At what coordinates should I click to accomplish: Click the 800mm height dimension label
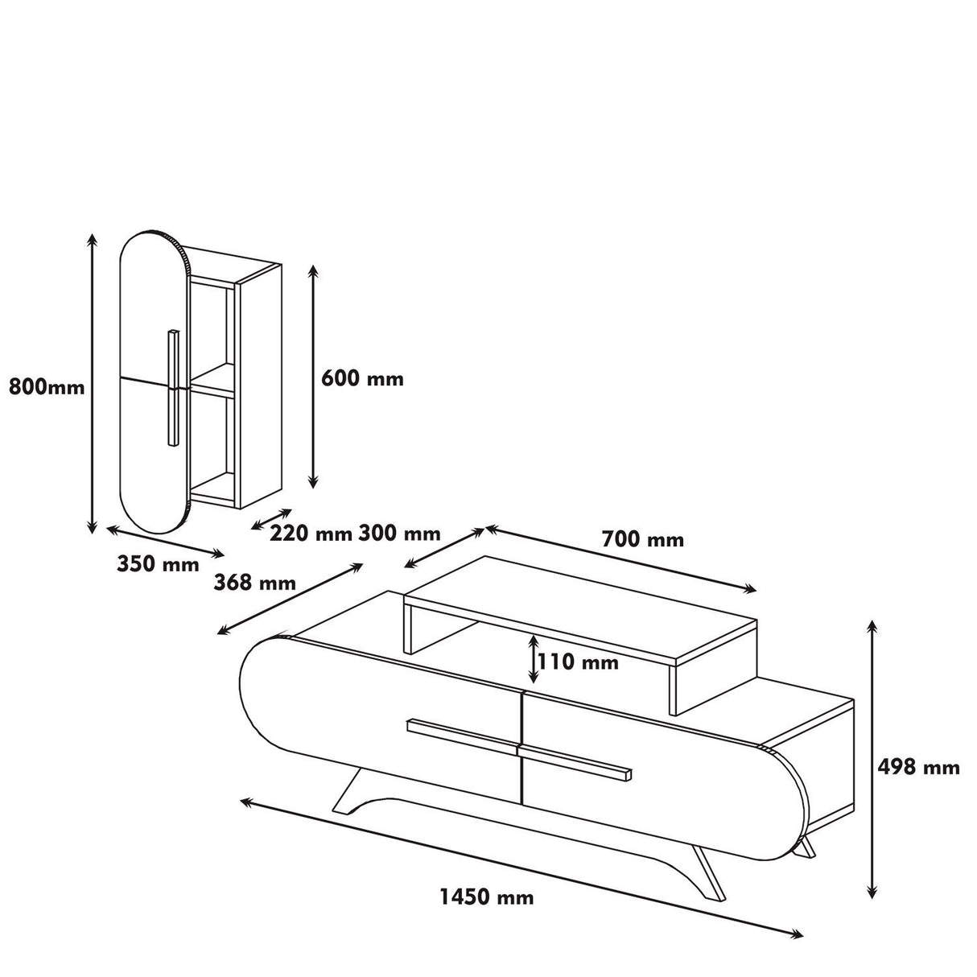pyautogui.click(x=46, y=387)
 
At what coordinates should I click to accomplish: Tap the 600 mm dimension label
pyautogui.click(x=362, y=378)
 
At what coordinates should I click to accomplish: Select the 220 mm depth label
pyautogui.click(x=311, y=533)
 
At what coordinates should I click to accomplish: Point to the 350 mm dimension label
pyautogui.click(x=158, y=564)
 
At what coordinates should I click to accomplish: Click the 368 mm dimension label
pyautogui.click(x=254, y=583)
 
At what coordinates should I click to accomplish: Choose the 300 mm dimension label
pyautogui.click(x=399, y=533)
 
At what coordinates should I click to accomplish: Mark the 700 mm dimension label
pyautogui.click(x=642, y=540)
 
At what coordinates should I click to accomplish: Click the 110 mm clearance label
pyautogui.click(x=578, y=662)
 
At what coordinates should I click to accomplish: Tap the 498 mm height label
pyautogui.click(x=918, y=767)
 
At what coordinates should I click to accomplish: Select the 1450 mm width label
pyautogui.click(x=486, y=897)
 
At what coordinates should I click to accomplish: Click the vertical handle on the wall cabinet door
pyautogui.click(x=172, y=386)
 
